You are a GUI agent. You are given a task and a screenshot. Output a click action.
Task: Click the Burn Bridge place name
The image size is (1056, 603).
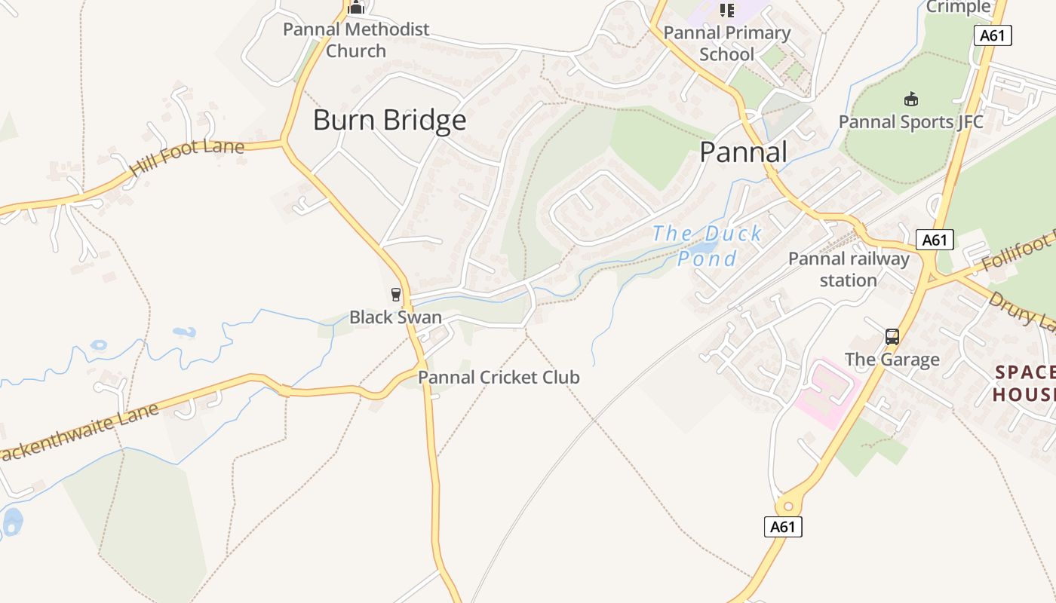coord(389,121)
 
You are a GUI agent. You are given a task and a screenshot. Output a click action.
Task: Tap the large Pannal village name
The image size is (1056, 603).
coord(743,152)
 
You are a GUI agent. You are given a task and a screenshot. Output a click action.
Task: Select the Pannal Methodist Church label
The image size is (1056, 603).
coord(356,41)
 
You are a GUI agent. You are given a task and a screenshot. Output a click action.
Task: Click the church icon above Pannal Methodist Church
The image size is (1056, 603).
coord(356,8)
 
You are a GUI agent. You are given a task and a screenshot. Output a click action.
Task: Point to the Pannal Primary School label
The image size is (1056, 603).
coord(726,44)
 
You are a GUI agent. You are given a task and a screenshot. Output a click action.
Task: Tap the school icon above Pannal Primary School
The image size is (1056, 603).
coord(727,10)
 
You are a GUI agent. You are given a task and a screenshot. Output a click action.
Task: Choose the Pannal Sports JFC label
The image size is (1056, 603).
coord(911,121)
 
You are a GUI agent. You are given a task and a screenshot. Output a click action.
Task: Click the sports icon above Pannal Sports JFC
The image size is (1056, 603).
coord(911,99)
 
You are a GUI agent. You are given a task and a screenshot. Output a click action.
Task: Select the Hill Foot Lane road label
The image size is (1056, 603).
coord(187,156)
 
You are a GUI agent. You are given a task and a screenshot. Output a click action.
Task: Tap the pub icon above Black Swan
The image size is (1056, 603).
coord(396,294)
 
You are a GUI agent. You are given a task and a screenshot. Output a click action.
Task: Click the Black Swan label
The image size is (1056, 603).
coord(395,317)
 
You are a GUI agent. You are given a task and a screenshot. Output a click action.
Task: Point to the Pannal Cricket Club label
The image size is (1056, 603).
coord(499,377)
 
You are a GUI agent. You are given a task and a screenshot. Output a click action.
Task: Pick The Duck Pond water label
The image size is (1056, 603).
coord(707,246)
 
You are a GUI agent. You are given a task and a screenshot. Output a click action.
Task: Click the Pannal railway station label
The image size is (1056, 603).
coord(849,269)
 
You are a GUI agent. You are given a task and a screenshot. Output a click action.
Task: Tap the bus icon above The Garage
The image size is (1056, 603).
coord(892,336)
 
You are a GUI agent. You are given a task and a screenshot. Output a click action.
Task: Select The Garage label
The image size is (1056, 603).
coord(892,360)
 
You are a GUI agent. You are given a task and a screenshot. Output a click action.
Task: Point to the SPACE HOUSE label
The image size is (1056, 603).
coord(1024,383)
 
